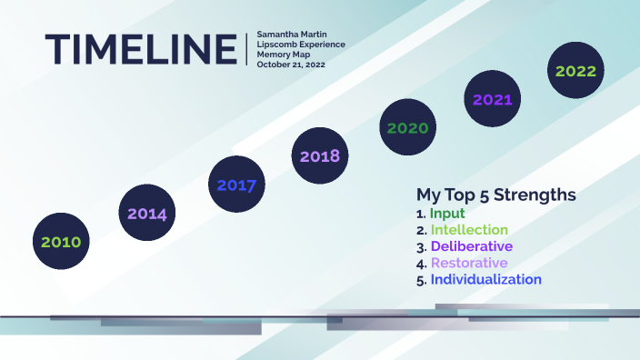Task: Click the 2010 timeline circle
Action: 61,242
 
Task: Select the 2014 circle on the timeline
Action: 147,214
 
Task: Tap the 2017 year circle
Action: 236,185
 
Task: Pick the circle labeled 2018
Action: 320,155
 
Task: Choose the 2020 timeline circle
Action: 407,127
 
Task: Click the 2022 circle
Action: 575,70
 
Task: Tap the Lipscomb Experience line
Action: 300,45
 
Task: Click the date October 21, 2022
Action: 290,65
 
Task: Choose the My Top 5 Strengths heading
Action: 495,195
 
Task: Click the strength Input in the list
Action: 447,214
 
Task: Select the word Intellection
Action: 469,230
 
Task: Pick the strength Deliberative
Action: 471,246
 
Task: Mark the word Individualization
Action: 485,279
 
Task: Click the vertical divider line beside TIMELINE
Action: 246,48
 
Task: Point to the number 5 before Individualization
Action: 420,280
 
